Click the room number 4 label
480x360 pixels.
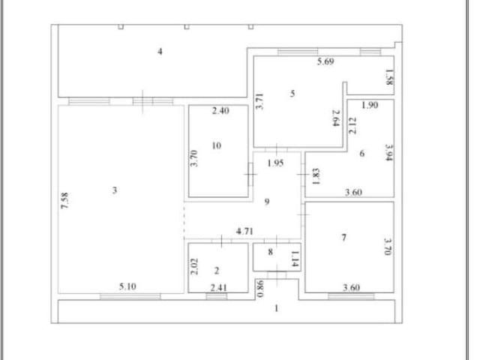click(x=160, y=52)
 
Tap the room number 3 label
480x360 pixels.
click(x=115, y=190)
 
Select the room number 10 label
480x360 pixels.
click(x=217, y=145)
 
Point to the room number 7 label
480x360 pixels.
click(x=344, y=237)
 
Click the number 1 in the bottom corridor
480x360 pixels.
click(x=277, y=308)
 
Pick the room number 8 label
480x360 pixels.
click(x=270, y=252)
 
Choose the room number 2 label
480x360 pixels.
click(x=217, y=271)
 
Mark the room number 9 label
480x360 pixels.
click(x=267, y=202)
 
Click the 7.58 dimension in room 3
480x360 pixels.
click(x=64, y=201)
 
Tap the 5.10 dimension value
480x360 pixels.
click(x=127, y=286)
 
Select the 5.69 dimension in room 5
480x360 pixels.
click(x=325, y=61)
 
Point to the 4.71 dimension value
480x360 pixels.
click(x=244, y=231)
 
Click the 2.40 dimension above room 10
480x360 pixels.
click(x=220, y=110)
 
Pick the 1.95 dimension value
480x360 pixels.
click(x=275, y=163)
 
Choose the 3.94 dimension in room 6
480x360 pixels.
click(x=389, y=153)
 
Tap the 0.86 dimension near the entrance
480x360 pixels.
click(x=260, y=289)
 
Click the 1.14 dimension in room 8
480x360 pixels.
click(x=295, y=259)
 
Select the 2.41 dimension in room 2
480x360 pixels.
click(x=218, y=288)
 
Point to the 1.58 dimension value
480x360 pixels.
click(x=389, y=77)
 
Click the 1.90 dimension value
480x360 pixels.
click(x=370, y=105)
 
